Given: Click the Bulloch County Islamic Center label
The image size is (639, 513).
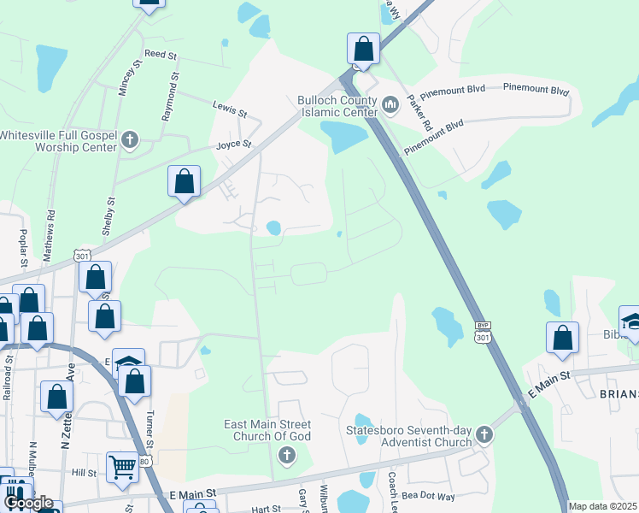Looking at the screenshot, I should tap(337, 106).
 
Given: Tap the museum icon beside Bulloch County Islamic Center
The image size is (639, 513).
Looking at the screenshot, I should tap(391, 105).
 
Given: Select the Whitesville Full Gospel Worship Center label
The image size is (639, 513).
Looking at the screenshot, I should tap(58, 141).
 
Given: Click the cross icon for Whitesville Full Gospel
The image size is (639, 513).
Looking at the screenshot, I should tap(130, 140).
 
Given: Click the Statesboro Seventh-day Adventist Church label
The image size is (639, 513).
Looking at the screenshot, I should tap(409, 436).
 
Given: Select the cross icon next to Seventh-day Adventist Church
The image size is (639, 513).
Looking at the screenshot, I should tap(484, 436).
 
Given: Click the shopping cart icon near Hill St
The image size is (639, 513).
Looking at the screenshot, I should tap(123, 468).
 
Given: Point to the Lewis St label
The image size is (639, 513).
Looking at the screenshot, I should tap(230, 109).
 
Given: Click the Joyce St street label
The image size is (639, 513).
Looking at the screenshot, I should tap(234, 145).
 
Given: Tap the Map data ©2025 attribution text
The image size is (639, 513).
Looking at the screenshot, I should tap(603, 506).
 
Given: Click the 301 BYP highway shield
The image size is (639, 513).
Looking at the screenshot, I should tap(484, 333).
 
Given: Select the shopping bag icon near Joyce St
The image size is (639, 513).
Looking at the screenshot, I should tap(184, 182).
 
